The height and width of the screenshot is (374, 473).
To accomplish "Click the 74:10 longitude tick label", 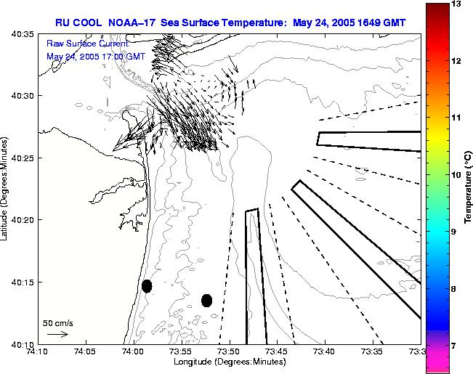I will [38, 352].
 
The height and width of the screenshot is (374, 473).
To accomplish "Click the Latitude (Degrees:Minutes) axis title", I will [7, 189].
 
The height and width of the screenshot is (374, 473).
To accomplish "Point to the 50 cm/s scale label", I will [57, 322].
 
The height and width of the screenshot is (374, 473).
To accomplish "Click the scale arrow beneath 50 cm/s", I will [57, 335].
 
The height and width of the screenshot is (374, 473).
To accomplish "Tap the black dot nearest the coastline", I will [147, 286].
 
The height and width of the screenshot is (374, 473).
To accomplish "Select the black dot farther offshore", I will [206, 300].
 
